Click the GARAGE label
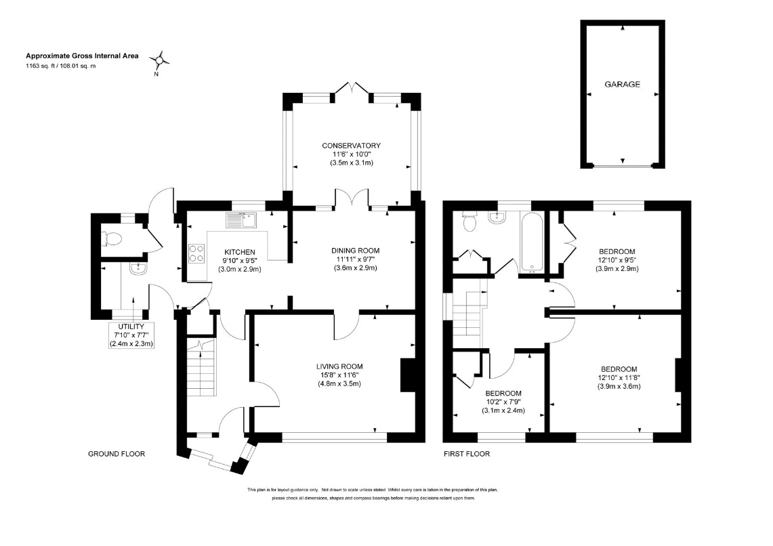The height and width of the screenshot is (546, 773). pyautogui.click(x=622, y=84)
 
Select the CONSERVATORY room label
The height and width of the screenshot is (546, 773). pyautogui.click(x=351, y=146)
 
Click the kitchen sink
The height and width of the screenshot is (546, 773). pyautogui.click(x=242, y=219)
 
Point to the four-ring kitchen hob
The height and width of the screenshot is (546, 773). pyautogui.click(x=196, y=253)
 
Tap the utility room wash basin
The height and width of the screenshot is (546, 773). pyautogui.click(x=137, y=268)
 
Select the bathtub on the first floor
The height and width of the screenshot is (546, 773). pyautogui.click(x=531, y=242)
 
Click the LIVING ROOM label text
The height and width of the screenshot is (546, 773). pyautogui.click(x=339, y=366)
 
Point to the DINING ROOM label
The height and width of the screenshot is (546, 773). pyautogui.click(x=356, y=251)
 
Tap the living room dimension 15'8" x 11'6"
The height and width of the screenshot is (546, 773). pyautogui.click(x=339, y=375)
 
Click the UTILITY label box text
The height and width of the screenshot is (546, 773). pyautogui.click(x=131, y=327)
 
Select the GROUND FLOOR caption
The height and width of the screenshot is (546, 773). pyautogui.click(x=117, y=454)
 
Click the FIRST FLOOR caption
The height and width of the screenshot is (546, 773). pyautogui.click(x=467, y=454)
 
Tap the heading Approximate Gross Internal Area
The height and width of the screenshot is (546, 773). pyautogui.click(x=83, y=56)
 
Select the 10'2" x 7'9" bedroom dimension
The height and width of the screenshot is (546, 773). pyautogui.click(x=503, y=402)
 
